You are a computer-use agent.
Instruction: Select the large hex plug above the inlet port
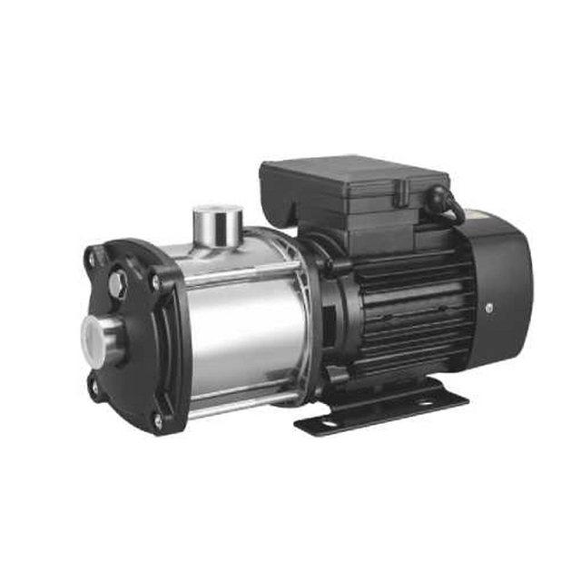point(117,285)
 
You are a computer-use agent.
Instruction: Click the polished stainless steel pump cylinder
point(241,327)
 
